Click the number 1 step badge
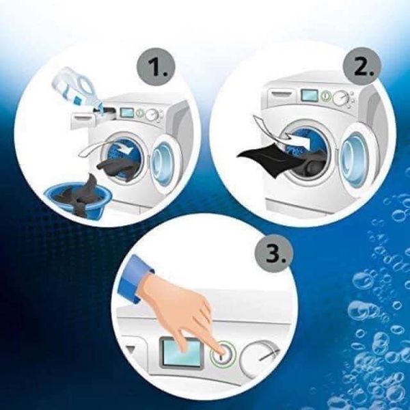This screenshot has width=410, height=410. coord(156,67)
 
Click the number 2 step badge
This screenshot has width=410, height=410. coord(362,66)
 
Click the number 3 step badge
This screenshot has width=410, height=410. coord(273,254)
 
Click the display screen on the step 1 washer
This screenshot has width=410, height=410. coord(127,113)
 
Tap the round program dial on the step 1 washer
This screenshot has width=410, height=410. coord(152,115)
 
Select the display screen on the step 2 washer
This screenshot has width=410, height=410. coord(310,95)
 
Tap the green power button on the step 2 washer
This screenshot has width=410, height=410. coord(325,96)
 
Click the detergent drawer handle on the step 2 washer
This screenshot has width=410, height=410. coord(283,94)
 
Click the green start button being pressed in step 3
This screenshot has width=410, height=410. coord(222,355)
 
